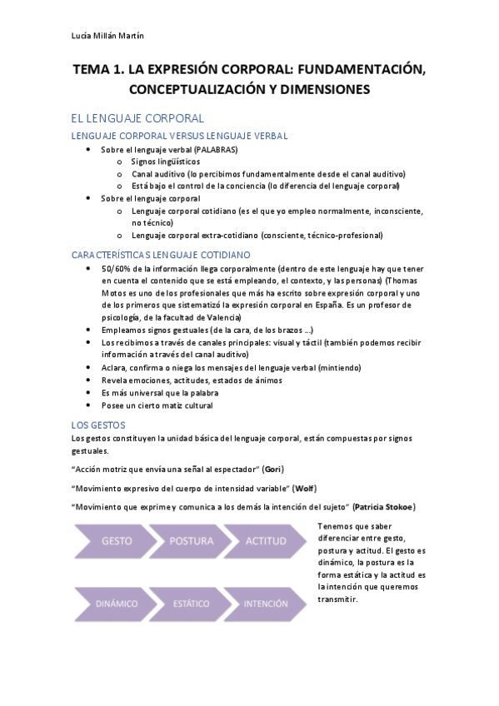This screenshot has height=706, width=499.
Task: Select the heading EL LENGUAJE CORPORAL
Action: point(137,118)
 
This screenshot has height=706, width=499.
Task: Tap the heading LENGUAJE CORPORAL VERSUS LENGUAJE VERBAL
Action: point(179,135)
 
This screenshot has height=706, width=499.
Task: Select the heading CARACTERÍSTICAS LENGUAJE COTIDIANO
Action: point(161,254)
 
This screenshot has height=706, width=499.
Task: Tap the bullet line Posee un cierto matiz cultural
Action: point(157,405)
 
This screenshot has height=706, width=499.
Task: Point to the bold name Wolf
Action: point(305,488)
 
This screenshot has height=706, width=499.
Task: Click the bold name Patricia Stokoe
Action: point(384,507)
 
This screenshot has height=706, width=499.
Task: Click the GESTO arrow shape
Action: point(116,541)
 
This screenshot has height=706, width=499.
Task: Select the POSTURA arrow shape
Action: point(191,541)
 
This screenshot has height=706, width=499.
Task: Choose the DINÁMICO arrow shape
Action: point(116,604)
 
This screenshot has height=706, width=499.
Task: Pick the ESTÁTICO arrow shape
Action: point(191,604)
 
